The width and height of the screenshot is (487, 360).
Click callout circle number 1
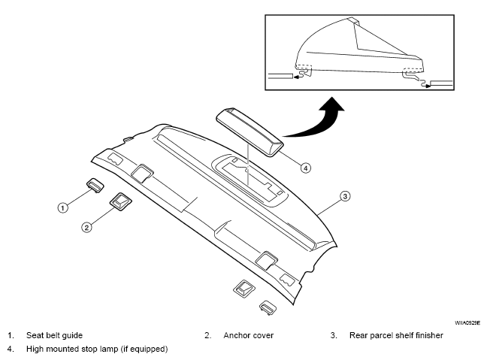point(63,207)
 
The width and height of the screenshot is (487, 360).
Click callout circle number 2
point(86,228)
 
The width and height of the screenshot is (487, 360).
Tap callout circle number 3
point(345,196)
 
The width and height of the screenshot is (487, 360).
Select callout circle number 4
point(306,168)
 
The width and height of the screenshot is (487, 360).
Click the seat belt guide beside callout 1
point(95,186)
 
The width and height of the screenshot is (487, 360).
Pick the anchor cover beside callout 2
point(120,202)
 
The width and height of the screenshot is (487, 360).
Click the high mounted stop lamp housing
point(250,132)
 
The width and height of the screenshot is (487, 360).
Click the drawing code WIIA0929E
point(467,322)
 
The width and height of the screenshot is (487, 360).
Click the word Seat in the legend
point(34,335)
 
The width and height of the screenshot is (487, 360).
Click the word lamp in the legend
point(110,349)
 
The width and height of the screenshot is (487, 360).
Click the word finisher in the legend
point(429,335)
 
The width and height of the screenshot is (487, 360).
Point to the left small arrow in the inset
point(298,77)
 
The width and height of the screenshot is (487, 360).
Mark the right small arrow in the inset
point(427,86)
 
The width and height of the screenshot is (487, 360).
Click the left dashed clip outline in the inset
point(304,67)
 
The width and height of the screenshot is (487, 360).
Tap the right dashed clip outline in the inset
point(413,70)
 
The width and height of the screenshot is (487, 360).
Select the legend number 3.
point(334,335)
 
